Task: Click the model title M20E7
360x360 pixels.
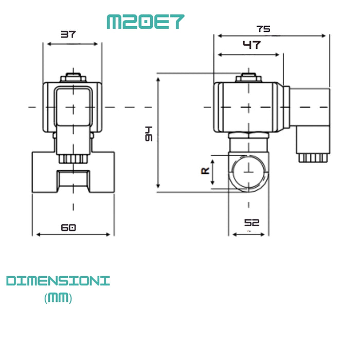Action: tap(145, 21)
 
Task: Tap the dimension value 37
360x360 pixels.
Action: tap(68, 34)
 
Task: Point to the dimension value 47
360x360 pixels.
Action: tap(251, 45)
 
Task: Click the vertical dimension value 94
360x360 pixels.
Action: tap(149, 133)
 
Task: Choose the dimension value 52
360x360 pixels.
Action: tap(251, 223)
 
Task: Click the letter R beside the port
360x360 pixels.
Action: tap(205, 170)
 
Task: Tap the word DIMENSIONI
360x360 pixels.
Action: tap(58, 281)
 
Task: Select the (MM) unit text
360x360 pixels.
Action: tap(58, 298)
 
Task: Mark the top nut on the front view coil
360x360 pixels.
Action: tap(73, 78)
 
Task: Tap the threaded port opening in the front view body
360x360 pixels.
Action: tap(73, 180)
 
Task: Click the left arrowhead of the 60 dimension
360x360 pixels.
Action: tap(35, 235)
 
